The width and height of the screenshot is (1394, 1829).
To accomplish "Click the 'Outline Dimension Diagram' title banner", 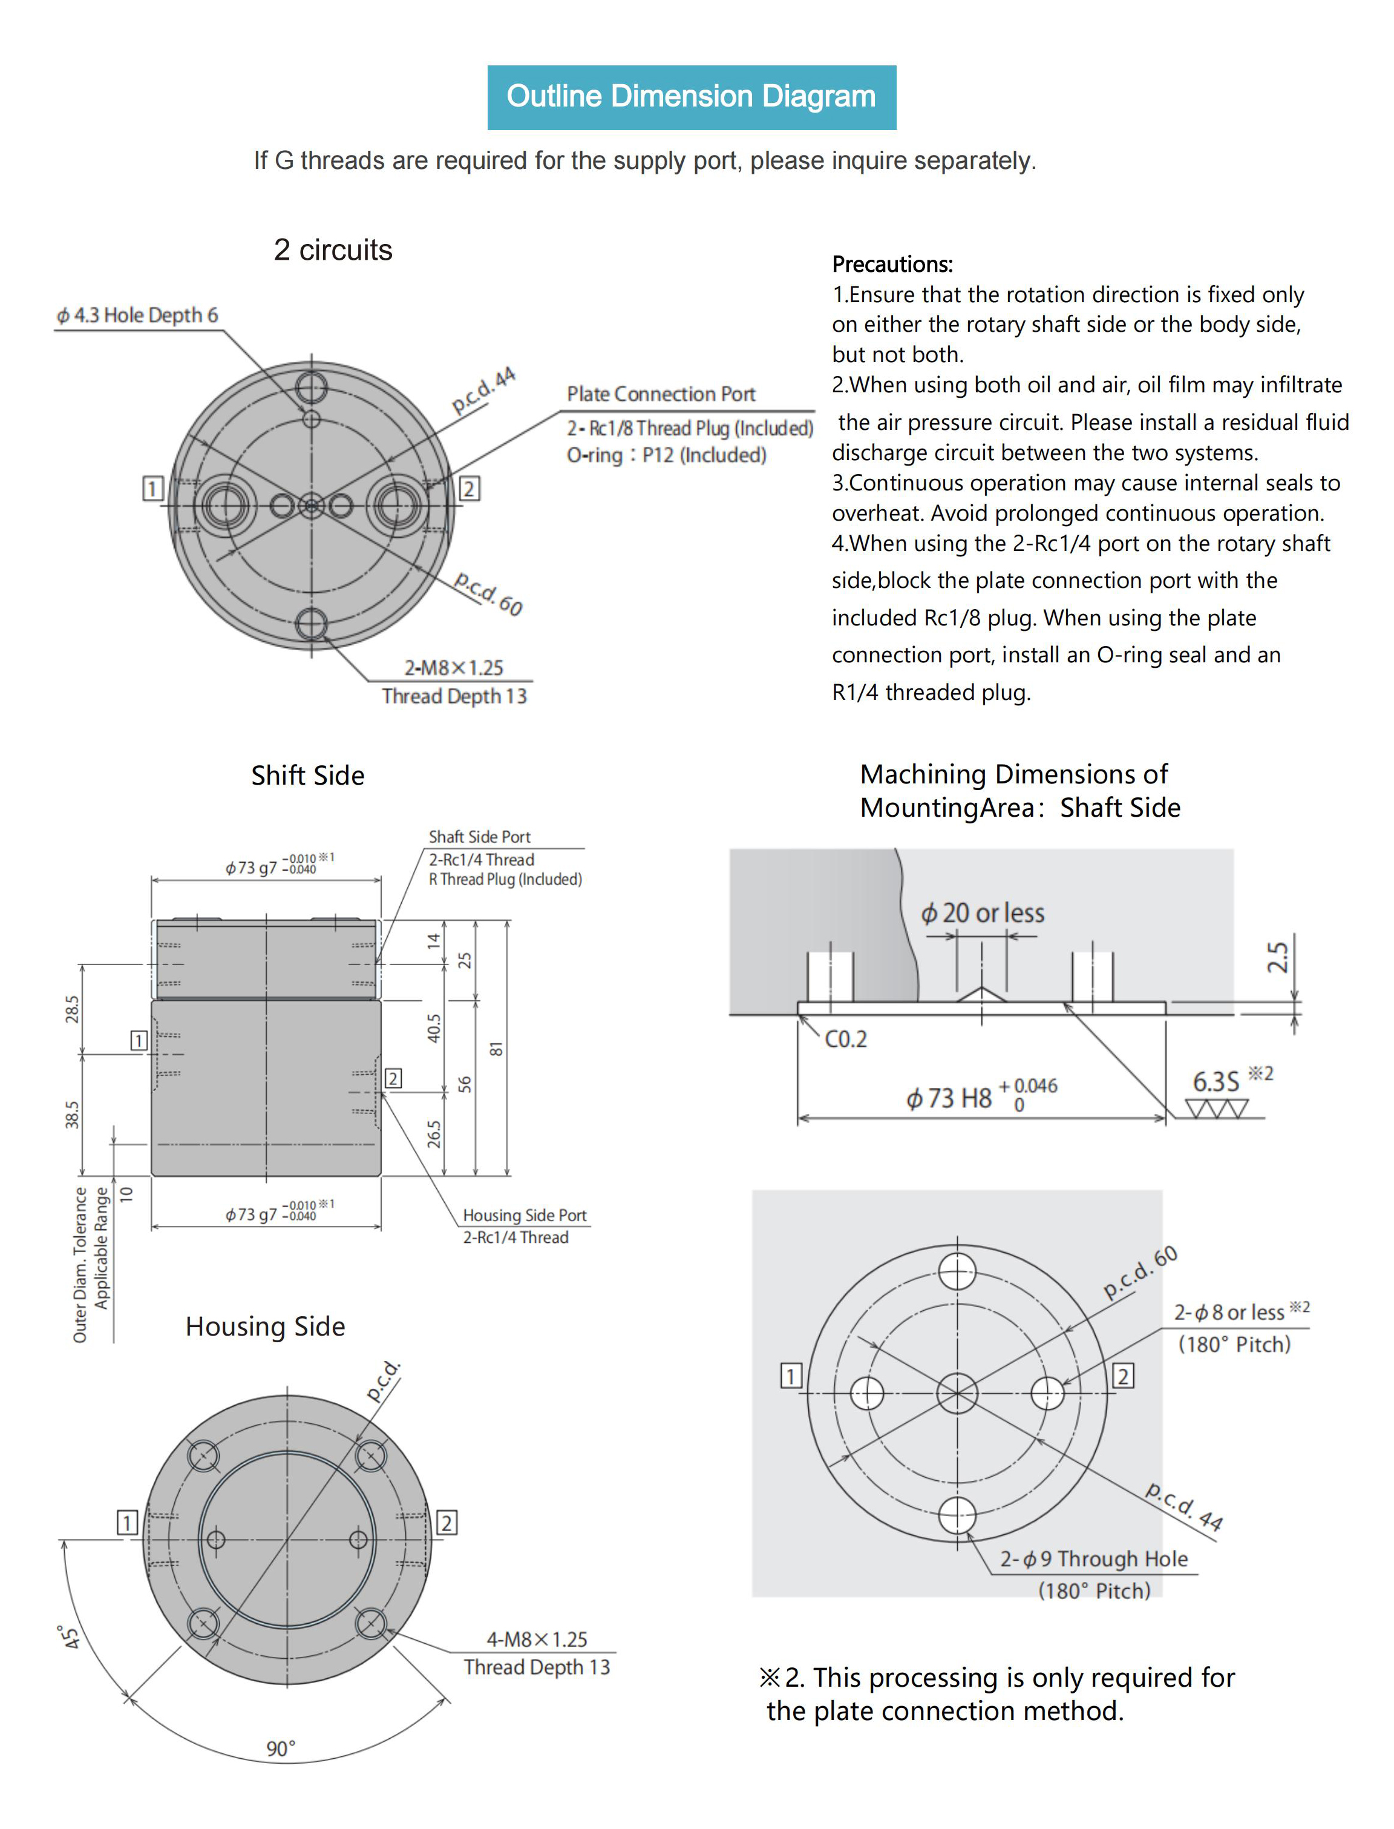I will click(x=691, y=97).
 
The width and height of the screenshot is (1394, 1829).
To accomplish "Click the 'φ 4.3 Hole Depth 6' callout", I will click(x=137, y=315).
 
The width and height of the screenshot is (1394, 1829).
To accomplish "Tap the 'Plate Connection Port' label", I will click(x=661, y=394).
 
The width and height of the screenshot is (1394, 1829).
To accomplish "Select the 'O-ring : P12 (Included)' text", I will click(x=666, y=455).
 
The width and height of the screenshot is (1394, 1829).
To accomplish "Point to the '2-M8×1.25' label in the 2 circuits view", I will click(x=454, y=668).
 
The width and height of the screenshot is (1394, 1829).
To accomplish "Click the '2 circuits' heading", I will click(x=333, y=250).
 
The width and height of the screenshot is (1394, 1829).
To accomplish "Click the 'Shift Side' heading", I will click(x=308, y=776).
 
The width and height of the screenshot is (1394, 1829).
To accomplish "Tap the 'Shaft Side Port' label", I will click(x=480, y=837).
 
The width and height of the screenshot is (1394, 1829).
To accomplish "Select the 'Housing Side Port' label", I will click(x=525, y=1216).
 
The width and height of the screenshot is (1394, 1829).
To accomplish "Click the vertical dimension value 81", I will click(x=496, y=1049).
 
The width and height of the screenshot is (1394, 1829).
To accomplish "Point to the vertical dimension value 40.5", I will click(x=434, y=1028).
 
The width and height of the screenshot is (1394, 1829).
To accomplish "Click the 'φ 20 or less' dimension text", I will click(x=983, y=913).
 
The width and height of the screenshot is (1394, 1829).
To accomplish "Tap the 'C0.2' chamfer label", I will click(x=845, y=1040).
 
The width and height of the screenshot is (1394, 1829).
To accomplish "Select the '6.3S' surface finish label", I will click(x=1216, y=1082).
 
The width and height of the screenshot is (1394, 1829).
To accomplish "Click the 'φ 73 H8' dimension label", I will click(x=949, y=1098).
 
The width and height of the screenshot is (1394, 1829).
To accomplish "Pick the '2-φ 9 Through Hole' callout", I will click(x=1094, y=1559).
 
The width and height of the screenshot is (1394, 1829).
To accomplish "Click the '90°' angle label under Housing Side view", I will click(x=281, y=1748).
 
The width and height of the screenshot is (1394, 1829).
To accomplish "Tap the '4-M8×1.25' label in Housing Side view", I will click(x=537, y=1639).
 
